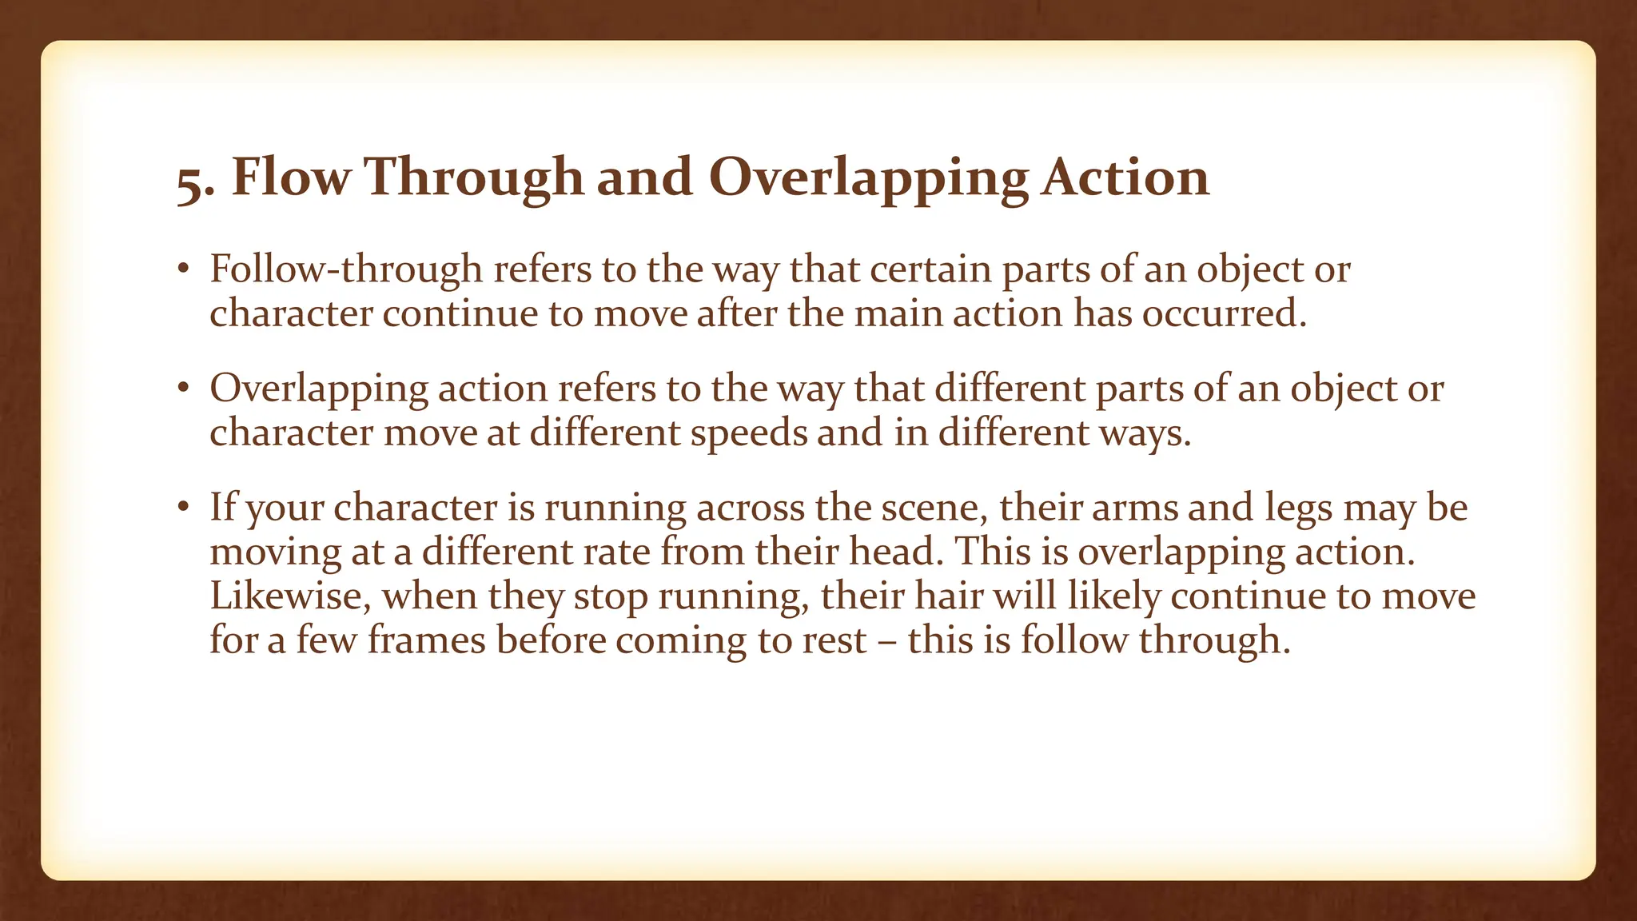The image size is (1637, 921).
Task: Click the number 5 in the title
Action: tap(193, 180)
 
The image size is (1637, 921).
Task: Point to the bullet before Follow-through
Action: tap(183, 269)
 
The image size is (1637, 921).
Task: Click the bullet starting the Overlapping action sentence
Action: tap(183, 389)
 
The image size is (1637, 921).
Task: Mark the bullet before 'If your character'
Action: tap(183, 508)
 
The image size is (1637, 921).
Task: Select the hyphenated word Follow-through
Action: tap(346, 269)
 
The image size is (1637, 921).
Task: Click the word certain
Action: tap(930, 269)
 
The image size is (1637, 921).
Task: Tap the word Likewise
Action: tap(290, 596)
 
